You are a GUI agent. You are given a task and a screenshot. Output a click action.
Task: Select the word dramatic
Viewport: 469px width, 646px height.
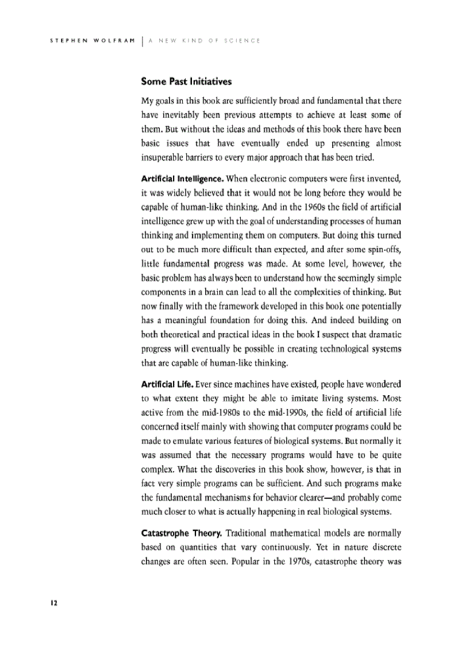click(x=385, y=334)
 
